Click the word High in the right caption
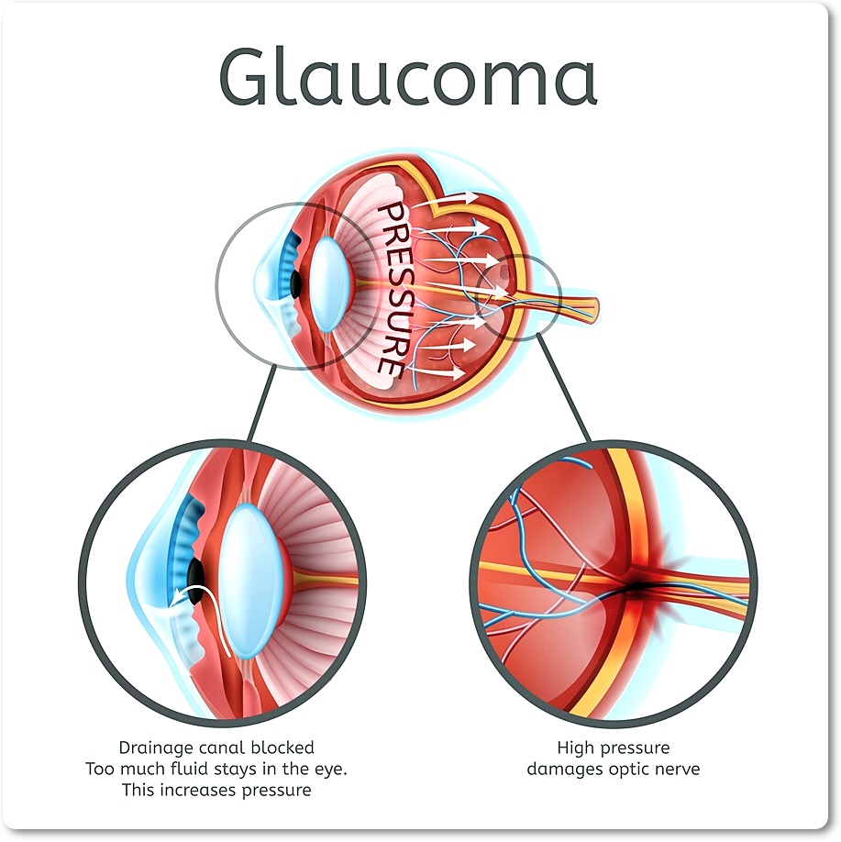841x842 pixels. (x=576, y=748)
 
